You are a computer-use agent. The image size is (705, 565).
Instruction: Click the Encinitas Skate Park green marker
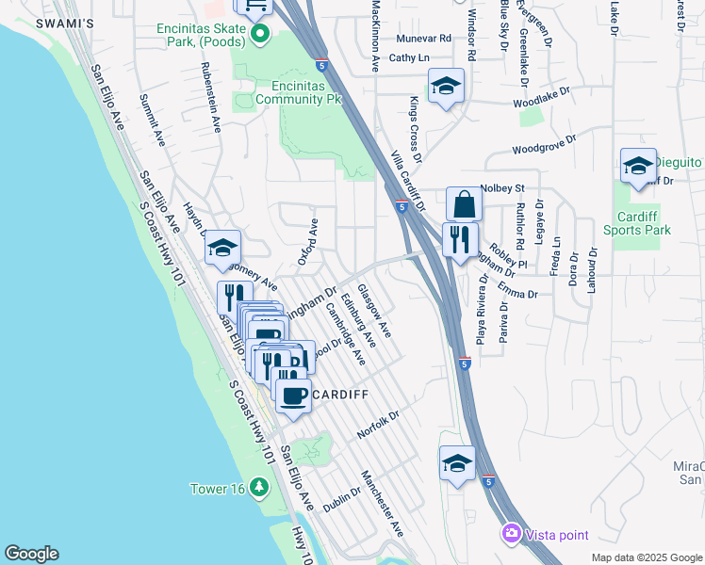point(261,36)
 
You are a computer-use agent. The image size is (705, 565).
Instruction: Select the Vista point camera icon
point(511,534)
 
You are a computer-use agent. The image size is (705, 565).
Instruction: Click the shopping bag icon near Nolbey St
point(464,203)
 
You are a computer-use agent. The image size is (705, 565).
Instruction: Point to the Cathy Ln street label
point(409,57)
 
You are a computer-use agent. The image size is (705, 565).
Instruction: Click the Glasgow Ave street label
point(374,309)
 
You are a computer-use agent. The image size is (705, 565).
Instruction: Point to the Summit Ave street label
point(152,120)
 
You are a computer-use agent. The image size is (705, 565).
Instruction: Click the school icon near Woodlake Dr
point(446,87)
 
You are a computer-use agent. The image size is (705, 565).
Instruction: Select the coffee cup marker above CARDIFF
point(293,395)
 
